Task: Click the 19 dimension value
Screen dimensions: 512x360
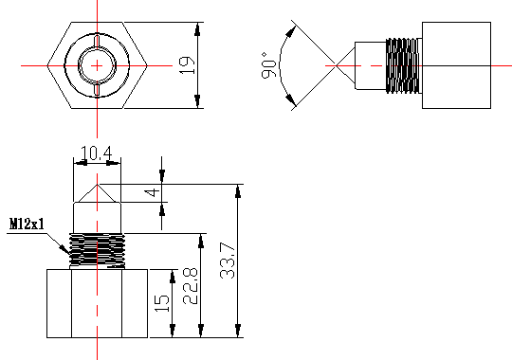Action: point(187,65)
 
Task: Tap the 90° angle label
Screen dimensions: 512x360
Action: point(269,65)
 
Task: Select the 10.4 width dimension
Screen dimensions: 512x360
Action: point(96,153)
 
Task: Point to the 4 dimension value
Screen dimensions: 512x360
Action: point(153,192)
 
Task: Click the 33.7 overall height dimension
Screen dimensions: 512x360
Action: point(228,261)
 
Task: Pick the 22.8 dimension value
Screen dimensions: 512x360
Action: point(190,286)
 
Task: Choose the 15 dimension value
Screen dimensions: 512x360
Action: point(162,303)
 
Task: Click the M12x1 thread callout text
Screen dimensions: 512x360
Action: point(27,225)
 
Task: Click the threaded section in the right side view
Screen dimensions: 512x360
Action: point(402,65)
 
